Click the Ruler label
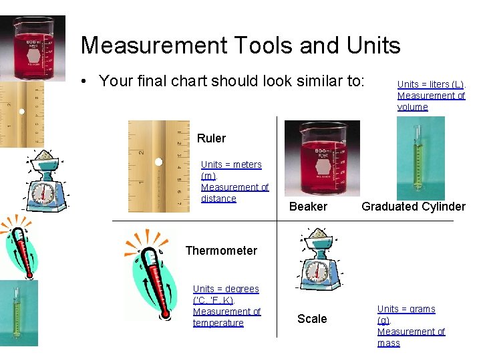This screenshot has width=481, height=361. (211, 138)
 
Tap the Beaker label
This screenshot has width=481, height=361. (308, 207)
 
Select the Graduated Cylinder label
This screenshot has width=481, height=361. (413, 207)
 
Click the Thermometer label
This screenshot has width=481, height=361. (221, 251)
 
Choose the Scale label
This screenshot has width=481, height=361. (312, 319)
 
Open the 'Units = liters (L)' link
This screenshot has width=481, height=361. (431, 84)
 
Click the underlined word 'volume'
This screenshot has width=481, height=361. (412, 107)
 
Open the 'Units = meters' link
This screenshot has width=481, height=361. (231, 164)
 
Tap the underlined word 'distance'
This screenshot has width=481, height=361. (218, 199)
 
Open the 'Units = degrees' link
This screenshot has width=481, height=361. (226, 289)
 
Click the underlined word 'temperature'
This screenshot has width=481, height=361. (218, 323)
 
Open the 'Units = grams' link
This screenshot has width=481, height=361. (406, 309)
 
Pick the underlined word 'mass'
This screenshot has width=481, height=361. (388, 343)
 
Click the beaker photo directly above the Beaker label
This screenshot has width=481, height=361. (321, 158)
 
